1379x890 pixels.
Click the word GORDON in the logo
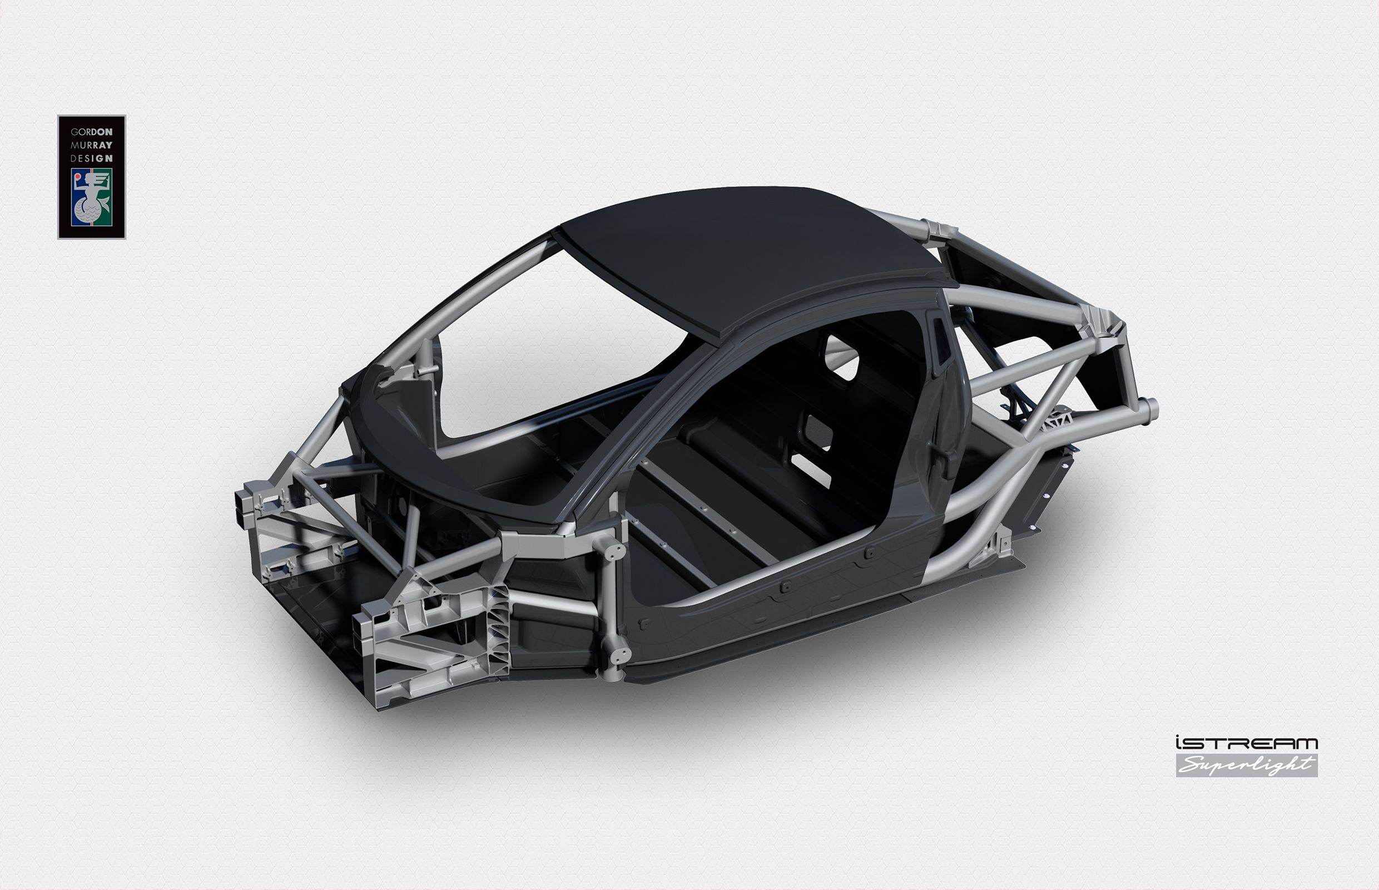tap(91, 132)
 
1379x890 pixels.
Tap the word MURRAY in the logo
tap(91, 145)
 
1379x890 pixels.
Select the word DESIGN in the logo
tap(91, 159)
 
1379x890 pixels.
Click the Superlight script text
tap(1246, 766)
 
